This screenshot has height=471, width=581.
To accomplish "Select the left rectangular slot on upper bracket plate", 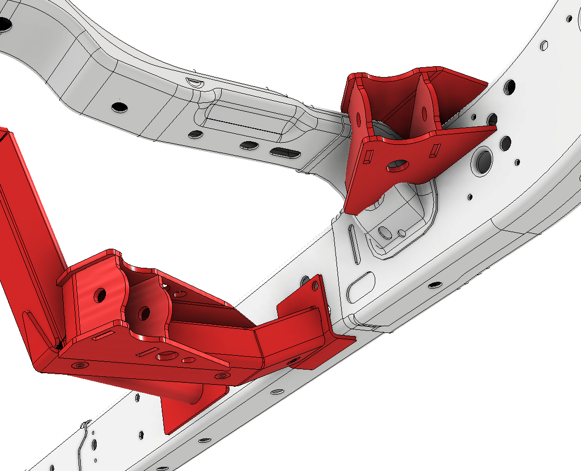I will [371, 155].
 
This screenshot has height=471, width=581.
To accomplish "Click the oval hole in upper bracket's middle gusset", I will [425, 112].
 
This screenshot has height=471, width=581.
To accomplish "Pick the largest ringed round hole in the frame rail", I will [485, 159].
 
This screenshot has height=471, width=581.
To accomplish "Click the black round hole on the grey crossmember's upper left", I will [120, 107].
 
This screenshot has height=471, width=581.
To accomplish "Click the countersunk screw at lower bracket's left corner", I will [79, 365].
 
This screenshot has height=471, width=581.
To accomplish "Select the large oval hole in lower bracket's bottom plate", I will [167, 356].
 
